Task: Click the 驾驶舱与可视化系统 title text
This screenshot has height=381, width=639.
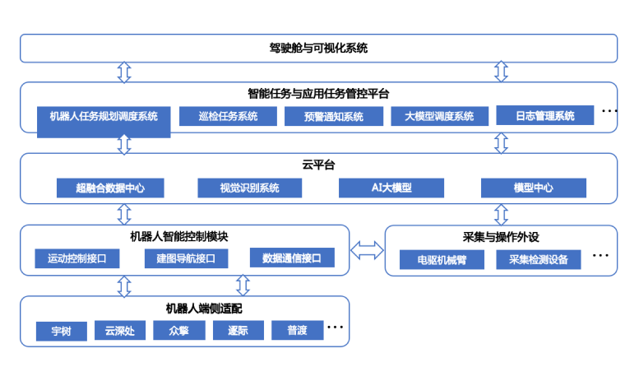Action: pyautogui.click(x=318, y=49)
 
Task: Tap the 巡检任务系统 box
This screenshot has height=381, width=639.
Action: pyautogui.click(x=228, y=116)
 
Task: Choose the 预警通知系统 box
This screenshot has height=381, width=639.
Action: pyautogui.click(x=334, y=117)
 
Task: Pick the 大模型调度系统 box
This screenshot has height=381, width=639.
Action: pyautogui.click(x=439, y=116)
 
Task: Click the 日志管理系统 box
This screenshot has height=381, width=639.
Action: pyautogui.click(x=545, y=116)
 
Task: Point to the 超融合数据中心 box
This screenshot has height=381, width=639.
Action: pyautogui.click(x=109, y=188)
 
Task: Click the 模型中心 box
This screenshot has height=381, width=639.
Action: pyautogui.click(x=534, y=188)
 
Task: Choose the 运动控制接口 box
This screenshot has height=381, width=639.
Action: pyautogui.click(x=77, y=258)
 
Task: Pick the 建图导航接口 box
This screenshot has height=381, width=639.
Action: pyautogui.click(x=185, y=258)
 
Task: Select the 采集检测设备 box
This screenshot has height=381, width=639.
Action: pyautogui.click(x=539, y=260)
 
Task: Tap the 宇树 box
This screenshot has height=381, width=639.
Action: pyautogui.click(x=61, y=330)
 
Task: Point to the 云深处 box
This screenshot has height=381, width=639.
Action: pyautogui.click(x=120, y=330)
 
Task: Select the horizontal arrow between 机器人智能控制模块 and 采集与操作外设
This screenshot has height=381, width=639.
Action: pyautogui.click(x=367, y=248)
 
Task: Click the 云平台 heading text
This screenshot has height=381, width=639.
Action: pyautogui.click(x=318, y=165)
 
